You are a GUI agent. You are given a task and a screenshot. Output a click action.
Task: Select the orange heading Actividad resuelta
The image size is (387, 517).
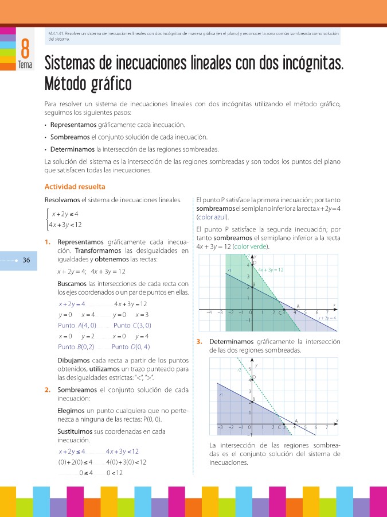75,187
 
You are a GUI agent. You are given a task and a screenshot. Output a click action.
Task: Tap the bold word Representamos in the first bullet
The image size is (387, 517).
73,125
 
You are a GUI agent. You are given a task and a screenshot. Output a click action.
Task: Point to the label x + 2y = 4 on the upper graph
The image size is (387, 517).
327,317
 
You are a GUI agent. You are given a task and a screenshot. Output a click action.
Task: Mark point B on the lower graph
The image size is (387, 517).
253,400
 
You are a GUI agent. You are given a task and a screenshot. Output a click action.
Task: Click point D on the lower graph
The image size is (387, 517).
253,377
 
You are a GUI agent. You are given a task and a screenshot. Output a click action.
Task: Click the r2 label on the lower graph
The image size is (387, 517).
240,371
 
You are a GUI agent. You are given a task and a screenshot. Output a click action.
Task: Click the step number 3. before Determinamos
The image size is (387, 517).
199,342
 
